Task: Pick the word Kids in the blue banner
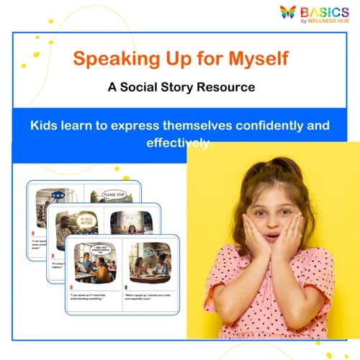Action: (45, 125)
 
